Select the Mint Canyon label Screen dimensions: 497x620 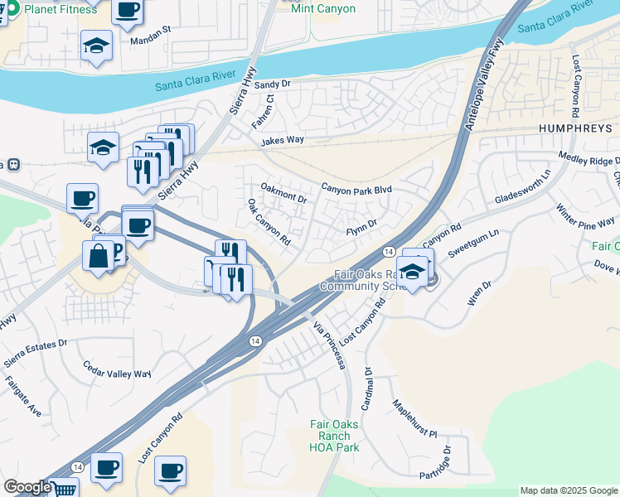(x=323, y=9)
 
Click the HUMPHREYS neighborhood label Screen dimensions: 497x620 (x=575, y=129)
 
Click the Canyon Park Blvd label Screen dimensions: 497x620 (x=356, y=189)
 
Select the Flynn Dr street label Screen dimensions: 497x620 (x=361, y=224)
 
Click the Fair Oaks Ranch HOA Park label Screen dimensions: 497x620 (x=334, y=436)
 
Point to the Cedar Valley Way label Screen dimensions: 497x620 (x=118, y=369)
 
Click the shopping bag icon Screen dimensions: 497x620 (x=98, y=256)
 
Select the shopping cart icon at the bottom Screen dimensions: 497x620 (x=64, y=489)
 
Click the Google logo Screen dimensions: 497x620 (x=27, y=487)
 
